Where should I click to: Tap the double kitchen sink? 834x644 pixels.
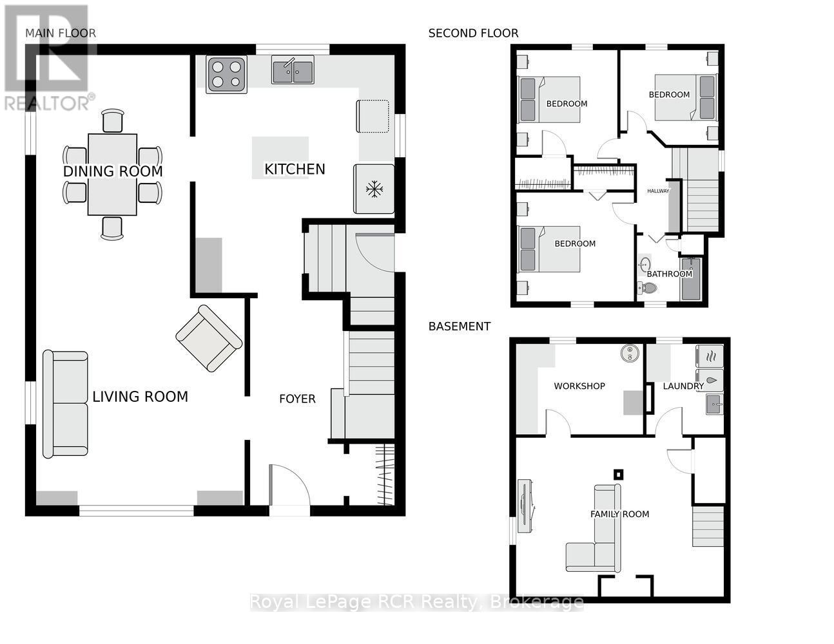(x=293, y=70)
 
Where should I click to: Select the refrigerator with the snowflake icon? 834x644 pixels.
(x=373, y=189)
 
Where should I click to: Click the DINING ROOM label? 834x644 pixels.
(x=113, y=171)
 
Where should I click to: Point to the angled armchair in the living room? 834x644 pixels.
(x=209, y=337)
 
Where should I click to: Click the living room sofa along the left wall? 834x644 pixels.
(x=65, y=404)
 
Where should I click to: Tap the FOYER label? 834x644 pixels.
(x=297, y=399)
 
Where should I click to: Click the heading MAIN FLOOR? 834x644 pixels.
(x=61, y=33)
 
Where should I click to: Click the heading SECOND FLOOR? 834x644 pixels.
(x=473, y=33)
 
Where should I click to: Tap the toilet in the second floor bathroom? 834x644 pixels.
(x=648, y=289)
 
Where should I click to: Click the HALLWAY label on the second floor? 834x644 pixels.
(x=658, y=191)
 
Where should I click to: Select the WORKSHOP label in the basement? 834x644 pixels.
(x=579, y=386)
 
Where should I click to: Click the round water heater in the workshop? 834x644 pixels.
(x=628, y=352)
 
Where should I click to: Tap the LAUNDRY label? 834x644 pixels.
(x=683, y=386)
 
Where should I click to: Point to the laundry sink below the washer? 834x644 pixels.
(x=713, y=404)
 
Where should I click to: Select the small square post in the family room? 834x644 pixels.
(x=618, y=475)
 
